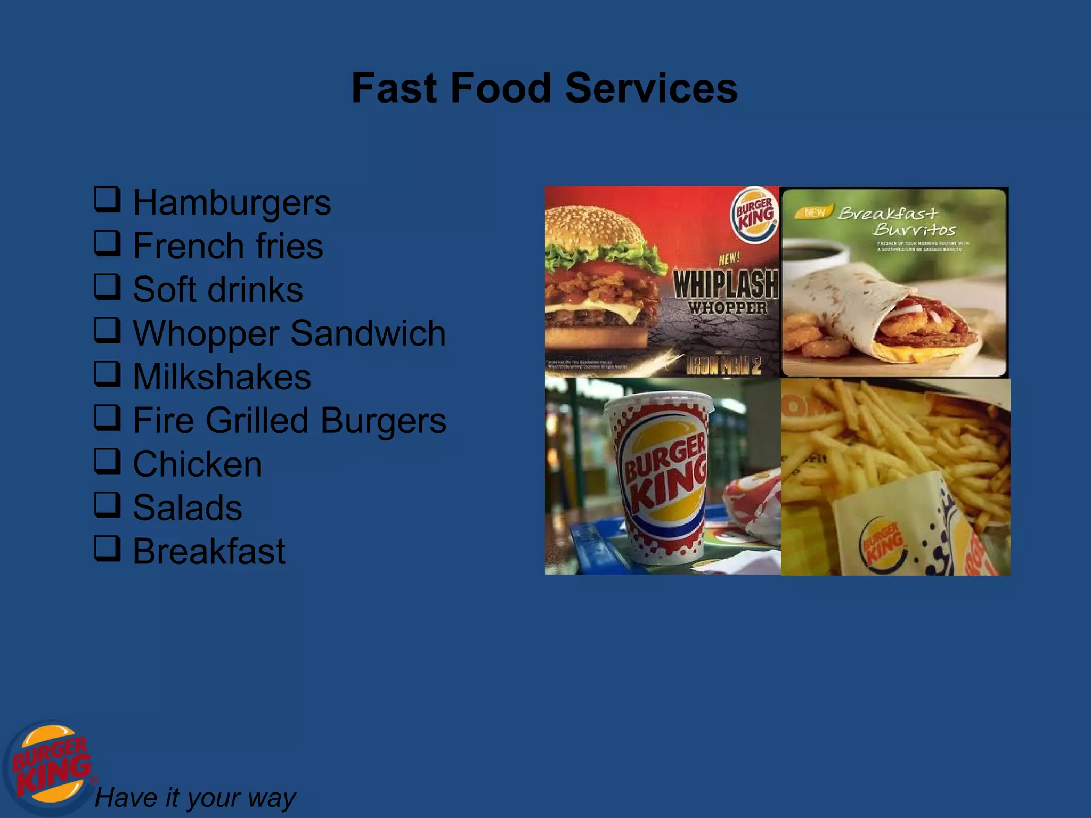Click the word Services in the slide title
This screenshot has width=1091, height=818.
click(651, 88)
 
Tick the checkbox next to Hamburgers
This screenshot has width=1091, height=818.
click(107, 200)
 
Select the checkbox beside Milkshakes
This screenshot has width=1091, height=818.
click(107, 374)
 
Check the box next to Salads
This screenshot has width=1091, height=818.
click(107, 504)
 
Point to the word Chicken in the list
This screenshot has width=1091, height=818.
click(197, 464)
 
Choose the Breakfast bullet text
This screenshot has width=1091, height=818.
click(209, 551)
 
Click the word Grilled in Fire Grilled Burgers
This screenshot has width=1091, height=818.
click(257, 421)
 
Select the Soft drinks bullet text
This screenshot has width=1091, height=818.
click(217, 290)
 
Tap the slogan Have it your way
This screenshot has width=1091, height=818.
click(194, 798)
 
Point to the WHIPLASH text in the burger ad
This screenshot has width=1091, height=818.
click(726, 284)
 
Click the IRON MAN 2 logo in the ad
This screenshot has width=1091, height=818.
click(723, 365)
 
